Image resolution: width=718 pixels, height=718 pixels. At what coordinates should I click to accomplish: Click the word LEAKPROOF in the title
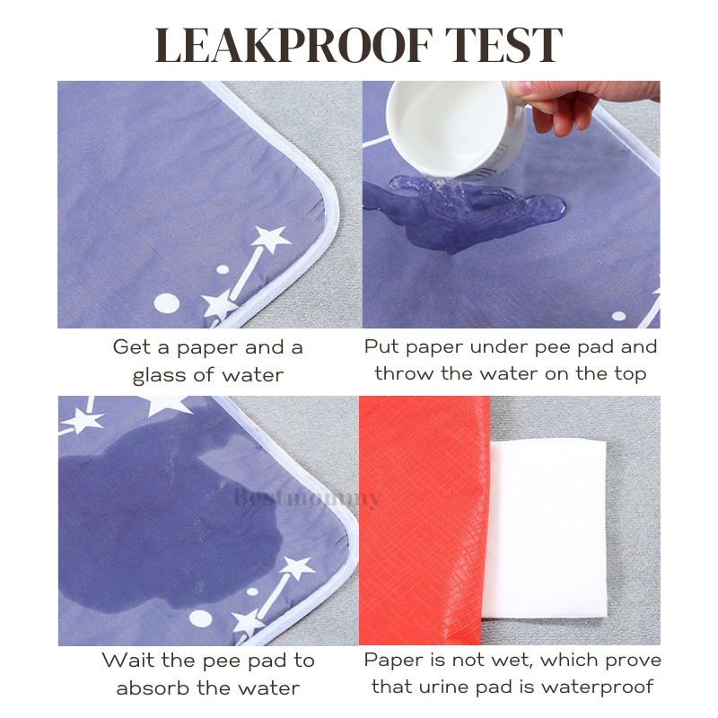click(x=293, y=45)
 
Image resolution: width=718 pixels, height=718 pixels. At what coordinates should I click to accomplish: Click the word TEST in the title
click(x=503, y=45)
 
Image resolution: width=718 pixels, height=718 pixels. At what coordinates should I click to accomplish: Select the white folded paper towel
click(x=545, y=529)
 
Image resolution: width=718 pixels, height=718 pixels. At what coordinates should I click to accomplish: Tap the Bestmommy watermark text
click(x=307, y=497)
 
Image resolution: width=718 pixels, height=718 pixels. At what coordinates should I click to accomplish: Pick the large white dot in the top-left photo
click(x=166, y=303)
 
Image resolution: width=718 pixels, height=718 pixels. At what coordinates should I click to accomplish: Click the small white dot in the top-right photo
click(x=618, y=316)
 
